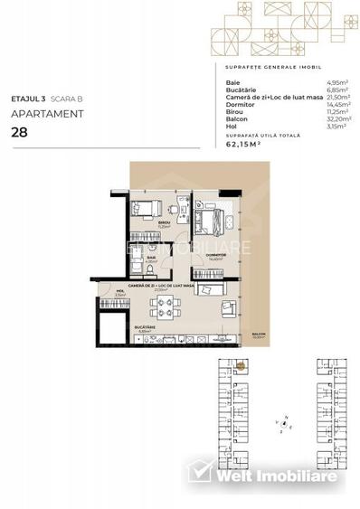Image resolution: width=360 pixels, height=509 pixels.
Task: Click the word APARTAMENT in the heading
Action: [x=47, y=114]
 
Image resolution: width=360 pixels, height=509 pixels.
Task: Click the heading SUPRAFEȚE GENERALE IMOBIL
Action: [x=269, y=68]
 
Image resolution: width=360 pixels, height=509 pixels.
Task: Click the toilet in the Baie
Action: [x=137, y=269]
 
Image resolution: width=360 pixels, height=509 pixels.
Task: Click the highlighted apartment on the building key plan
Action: [x=242, y=365]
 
